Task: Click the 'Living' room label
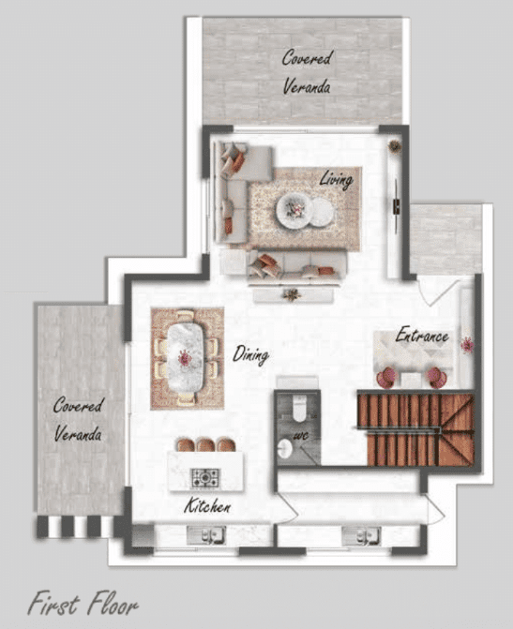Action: (x=337, y=179)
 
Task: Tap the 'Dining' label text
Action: (x=250, y=355)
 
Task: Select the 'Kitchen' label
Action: (x=207, y=506)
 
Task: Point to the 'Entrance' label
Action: (x=422, y=335)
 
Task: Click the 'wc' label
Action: (x=301, y=436)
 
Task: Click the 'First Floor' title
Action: (x=83, y=603)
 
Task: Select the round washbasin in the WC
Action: (x=285, y=448)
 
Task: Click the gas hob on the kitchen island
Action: (x=205, y=478)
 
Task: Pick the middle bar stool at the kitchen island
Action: (x=205, y=444)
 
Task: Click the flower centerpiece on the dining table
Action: (x=184, y=357)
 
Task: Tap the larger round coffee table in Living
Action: (x=294, y=211)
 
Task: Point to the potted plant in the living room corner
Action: (x=395, y=146)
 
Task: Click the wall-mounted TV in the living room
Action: (x=396, y=205)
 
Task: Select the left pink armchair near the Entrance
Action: (x=386, y=379)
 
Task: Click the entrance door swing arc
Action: (x=439, y=293)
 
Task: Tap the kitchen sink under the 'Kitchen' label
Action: (x=206, y=535)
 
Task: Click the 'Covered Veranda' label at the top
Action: (x=307, y=72)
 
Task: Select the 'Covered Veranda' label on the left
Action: (x=78, y=419)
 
